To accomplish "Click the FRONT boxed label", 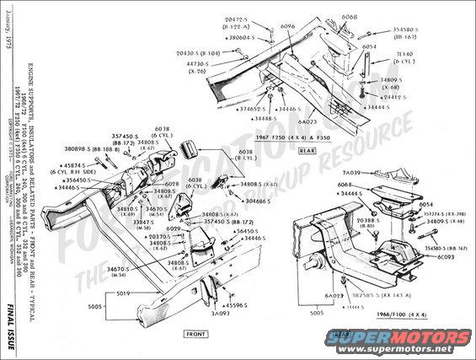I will tap(196, 335).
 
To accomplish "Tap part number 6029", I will tap(174, 229).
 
